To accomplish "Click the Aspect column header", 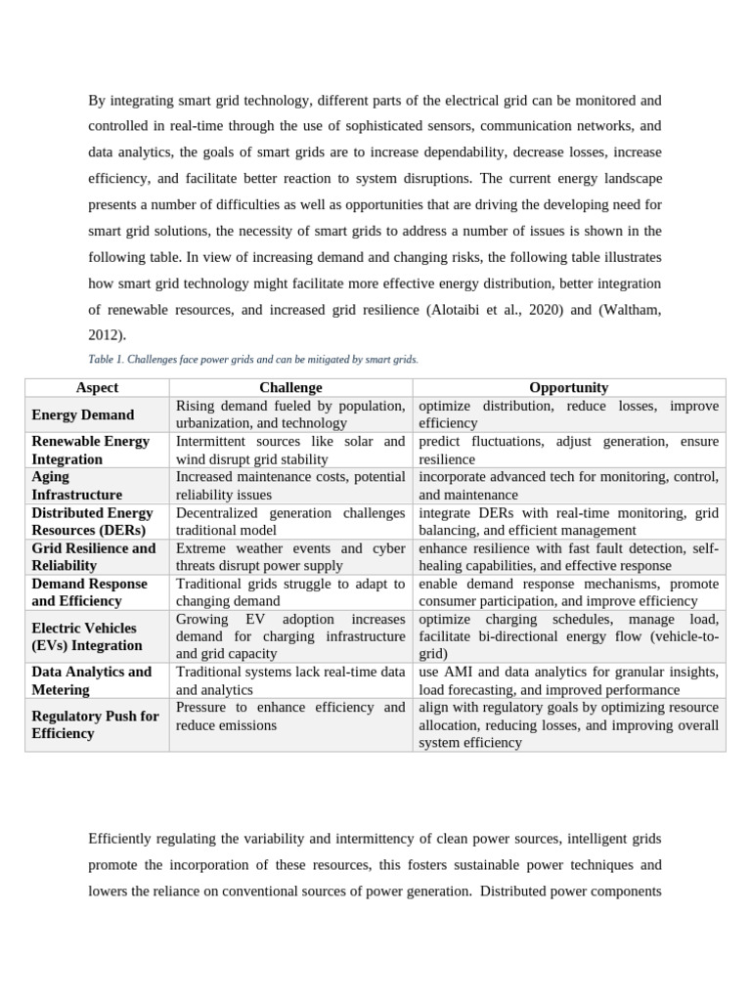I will (97, 388).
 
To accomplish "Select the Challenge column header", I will (290, 388).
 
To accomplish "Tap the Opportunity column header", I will (568, 388).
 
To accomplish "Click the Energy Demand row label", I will (83, 414).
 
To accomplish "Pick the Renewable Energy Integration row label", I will (90, 450).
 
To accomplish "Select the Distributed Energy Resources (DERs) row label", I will (92, 521).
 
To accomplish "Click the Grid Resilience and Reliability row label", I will (93, 557).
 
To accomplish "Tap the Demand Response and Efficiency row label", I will (89, 592).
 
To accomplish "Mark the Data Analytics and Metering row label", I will (91, 680).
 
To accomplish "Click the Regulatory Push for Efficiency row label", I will (95, 724).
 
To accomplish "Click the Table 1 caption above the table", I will (253, 360).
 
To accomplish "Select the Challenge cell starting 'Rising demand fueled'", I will (290, 414).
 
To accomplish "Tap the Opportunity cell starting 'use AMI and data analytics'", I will (568, 680).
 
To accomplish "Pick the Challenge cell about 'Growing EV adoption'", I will (290, 636).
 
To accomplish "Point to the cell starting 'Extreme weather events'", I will (290, 557).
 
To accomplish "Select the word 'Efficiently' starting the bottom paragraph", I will (122, 840).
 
